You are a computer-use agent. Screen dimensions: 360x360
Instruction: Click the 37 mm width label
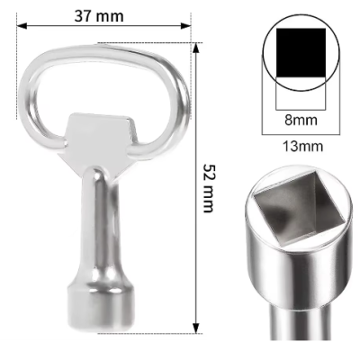click(99, 16)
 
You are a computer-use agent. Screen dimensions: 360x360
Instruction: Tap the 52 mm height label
click(208, 188)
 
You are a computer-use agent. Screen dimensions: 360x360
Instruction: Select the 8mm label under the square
click(301, 120)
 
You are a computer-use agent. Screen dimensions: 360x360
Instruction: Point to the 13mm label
click(303, 147)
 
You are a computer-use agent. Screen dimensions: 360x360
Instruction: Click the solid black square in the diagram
click(301, 53)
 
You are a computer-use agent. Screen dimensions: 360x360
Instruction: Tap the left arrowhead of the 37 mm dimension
click(22, 26)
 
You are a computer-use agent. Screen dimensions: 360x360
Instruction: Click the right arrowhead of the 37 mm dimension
click(185, 26)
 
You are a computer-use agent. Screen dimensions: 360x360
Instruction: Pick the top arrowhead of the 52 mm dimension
click(196, 49)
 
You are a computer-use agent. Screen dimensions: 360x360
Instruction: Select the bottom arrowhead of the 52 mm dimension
click(196, 328)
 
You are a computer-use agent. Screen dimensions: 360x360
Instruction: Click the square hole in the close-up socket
click(300, 209)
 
